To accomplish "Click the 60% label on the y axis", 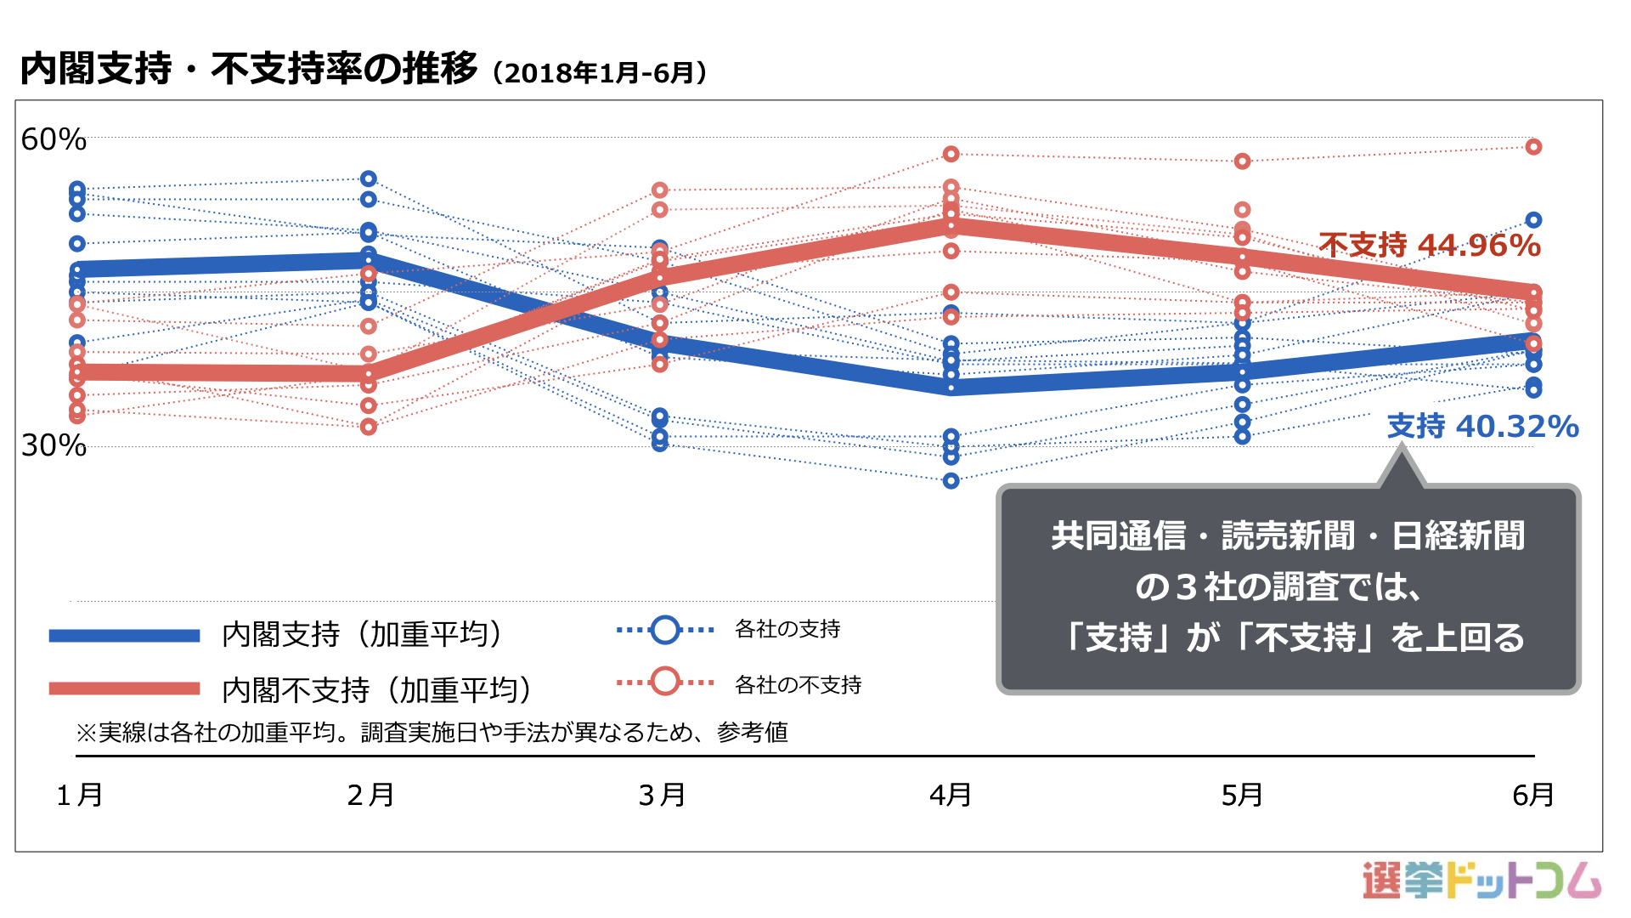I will (x=54, y=139).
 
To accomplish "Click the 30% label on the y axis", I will (x=54, y=445).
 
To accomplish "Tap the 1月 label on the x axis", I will (x=80, y=796).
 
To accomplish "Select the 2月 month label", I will (x=370, y=796).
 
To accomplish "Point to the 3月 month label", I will (x=662, y=796).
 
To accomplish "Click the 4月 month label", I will (x=951, y=796).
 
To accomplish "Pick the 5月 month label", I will (x=1242, y=796).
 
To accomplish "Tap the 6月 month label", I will (x=1533, y=796).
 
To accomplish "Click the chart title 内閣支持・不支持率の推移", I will (x=249, y=69).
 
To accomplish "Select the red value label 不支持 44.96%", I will (x=1430, y=246).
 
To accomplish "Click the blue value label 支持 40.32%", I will (x=1482, y=426).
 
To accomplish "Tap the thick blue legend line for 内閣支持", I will (x=124, y=636).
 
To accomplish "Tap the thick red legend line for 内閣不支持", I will (x=124, y=688).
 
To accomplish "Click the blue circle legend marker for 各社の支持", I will (x=665, y=630).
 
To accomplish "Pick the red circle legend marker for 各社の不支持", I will (x=665, y=682).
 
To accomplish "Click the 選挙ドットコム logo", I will (x=1481, y=881).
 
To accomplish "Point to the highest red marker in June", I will (x=1533, y=147).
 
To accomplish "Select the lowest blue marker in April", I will (x=951, y=481).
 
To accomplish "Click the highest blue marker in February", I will (x=369, y=178).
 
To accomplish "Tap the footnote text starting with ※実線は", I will (x=432, y=732).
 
